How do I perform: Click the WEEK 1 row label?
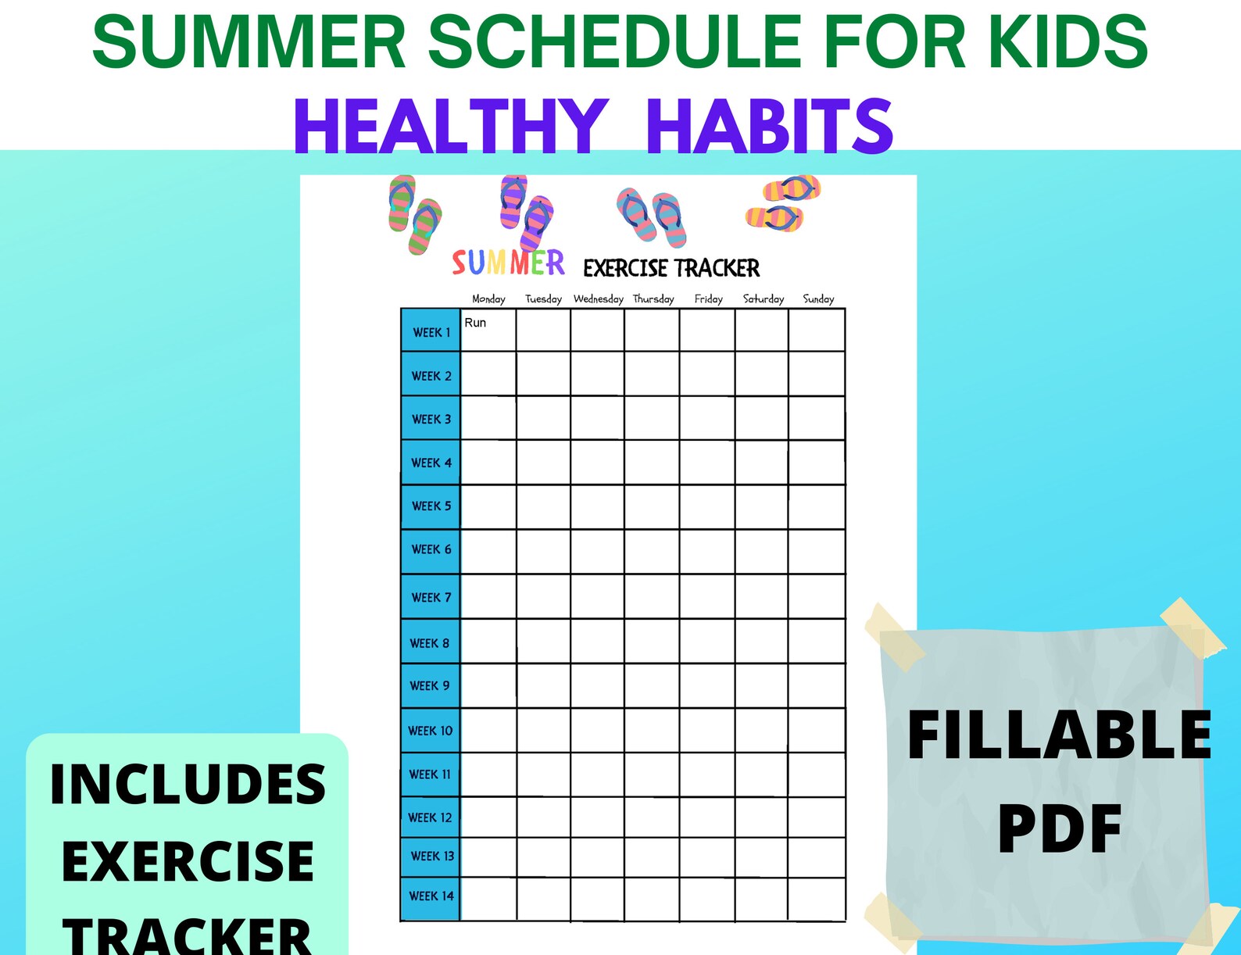click(431, 332)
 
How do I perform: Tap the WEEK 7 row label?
click(431, 597)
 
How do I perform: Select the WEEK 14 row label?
click(431, 896)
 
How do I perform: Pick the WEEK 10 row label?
click(430, 731)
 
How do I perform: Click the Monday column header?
click(488, 299)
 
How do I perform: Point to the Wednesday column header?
click(598, 299)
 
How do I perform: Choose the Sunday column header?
click(818, 299)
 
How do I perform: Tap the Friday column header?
click(708, 299)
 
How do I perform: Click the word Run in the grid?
click(475, 322)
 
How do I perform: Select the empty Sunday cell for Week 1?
click(817, 331)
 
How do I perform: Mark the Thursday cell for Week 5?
click(652, 506)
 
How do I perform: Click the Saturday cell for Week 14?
click(761, 899)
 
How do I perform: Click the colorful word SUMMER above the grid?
click(508, 263)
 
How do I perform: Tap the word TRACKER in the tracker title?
click(717, 268)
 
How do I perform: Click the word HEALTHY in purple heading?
click(451, 127)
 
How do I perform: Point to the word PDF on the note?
click(1060, 828)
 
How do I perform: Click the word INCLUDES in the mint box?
click(188, 785)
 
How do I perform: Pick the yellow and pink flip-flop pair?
click(782, 203)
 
